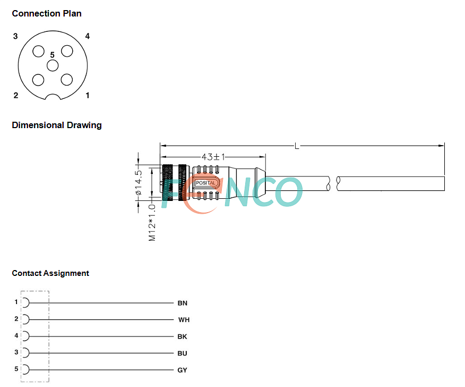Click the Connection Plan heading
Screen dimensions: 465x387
click(x=47, y=13)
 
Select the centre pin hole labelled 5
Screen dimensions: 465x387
click(x=53, y=65)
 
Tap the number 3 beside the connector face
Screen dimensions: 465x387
click(x=15, y=36)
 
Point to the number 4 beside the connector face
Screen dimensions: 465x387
click(x=87, y=36)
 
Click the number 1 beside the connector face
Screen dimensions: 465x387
click(x=88, y=95)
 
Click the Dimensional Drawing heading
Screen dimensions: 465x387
click(x=57, y=125)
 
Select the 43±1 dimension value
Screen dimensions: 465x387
click(x=213, y=156)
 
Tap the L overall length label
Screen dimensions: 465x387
click(x=297, y=146)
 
